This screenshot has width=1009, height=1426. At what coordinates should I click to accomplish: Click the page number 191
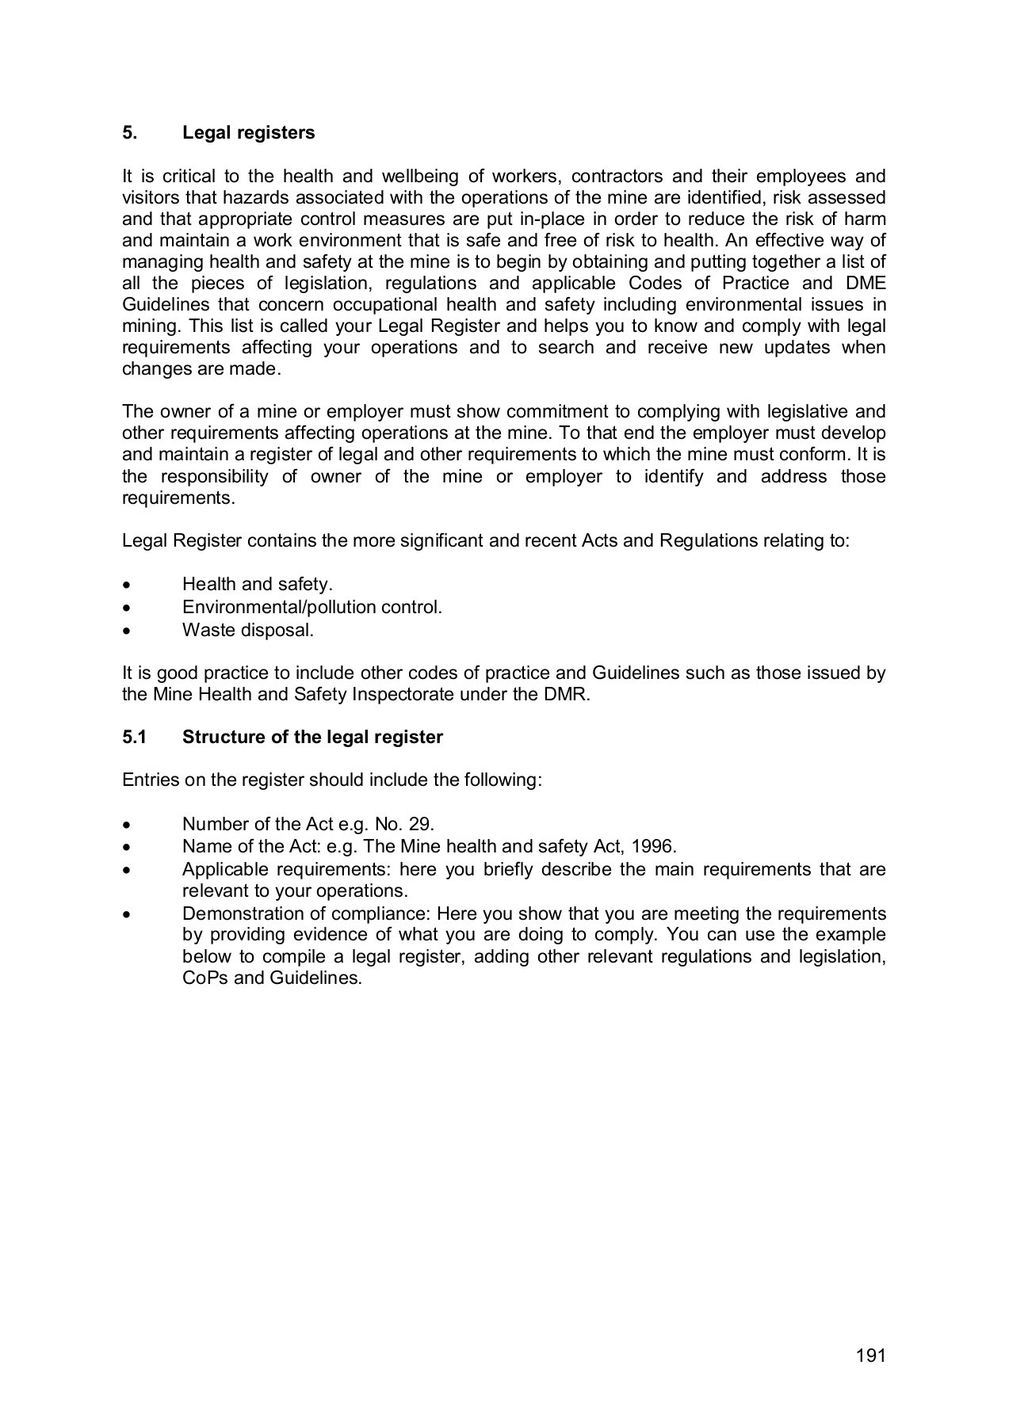tap(870, 1355)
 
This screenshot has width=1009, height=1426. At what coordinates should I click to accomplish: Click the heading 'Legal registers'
tap(248, 133)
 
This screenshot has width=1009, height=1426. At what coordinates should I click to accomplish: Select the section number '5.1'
tap(135, 738)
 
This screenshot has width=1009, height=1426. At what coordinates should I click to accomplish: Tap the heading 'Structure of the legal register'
tap(312, 738)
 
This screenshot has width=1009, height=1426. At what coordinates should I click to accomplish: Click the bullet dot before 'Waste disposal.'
tap(127, 631)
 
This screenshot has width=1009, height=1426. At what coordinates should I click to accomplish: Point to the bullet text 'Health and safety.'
tap(257, 585)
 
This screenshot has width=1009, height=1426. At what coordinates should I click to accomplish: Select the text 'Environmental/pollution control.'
tap(311, 608)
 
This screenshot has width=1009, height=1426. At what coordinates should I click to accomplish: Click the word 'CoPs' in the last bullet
tap(205, 978)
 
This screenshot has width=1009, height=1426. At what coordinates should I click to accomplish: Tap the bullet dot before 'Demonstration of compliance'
tap(127, 915)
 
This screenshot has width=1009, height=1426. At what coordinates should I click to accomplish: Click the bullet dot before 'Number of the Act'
tap(127, 825)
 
